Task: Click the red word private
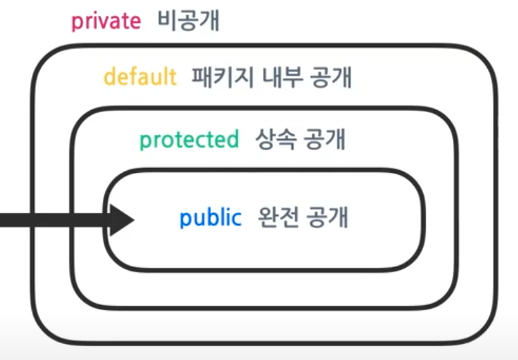[x=105, y=22]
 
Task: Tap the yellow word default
[x=140, y=77]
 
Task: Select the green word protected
[x=189, y=139]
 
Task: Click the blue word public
[x=210, y=218]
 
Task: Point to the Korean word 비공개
[x=189, y=22]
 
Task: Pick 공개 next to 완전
[x=325, y=218]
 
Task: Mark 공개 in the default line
[x=331, y=77]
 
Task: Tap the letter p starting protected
[x=144, y=141]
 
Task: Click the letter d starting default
[x=109, y=77]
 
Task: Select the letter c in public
[x=236, y=219]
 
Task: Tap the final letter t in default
[x=173, y=77]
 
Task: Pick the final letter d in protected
[x=232, y=139]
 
